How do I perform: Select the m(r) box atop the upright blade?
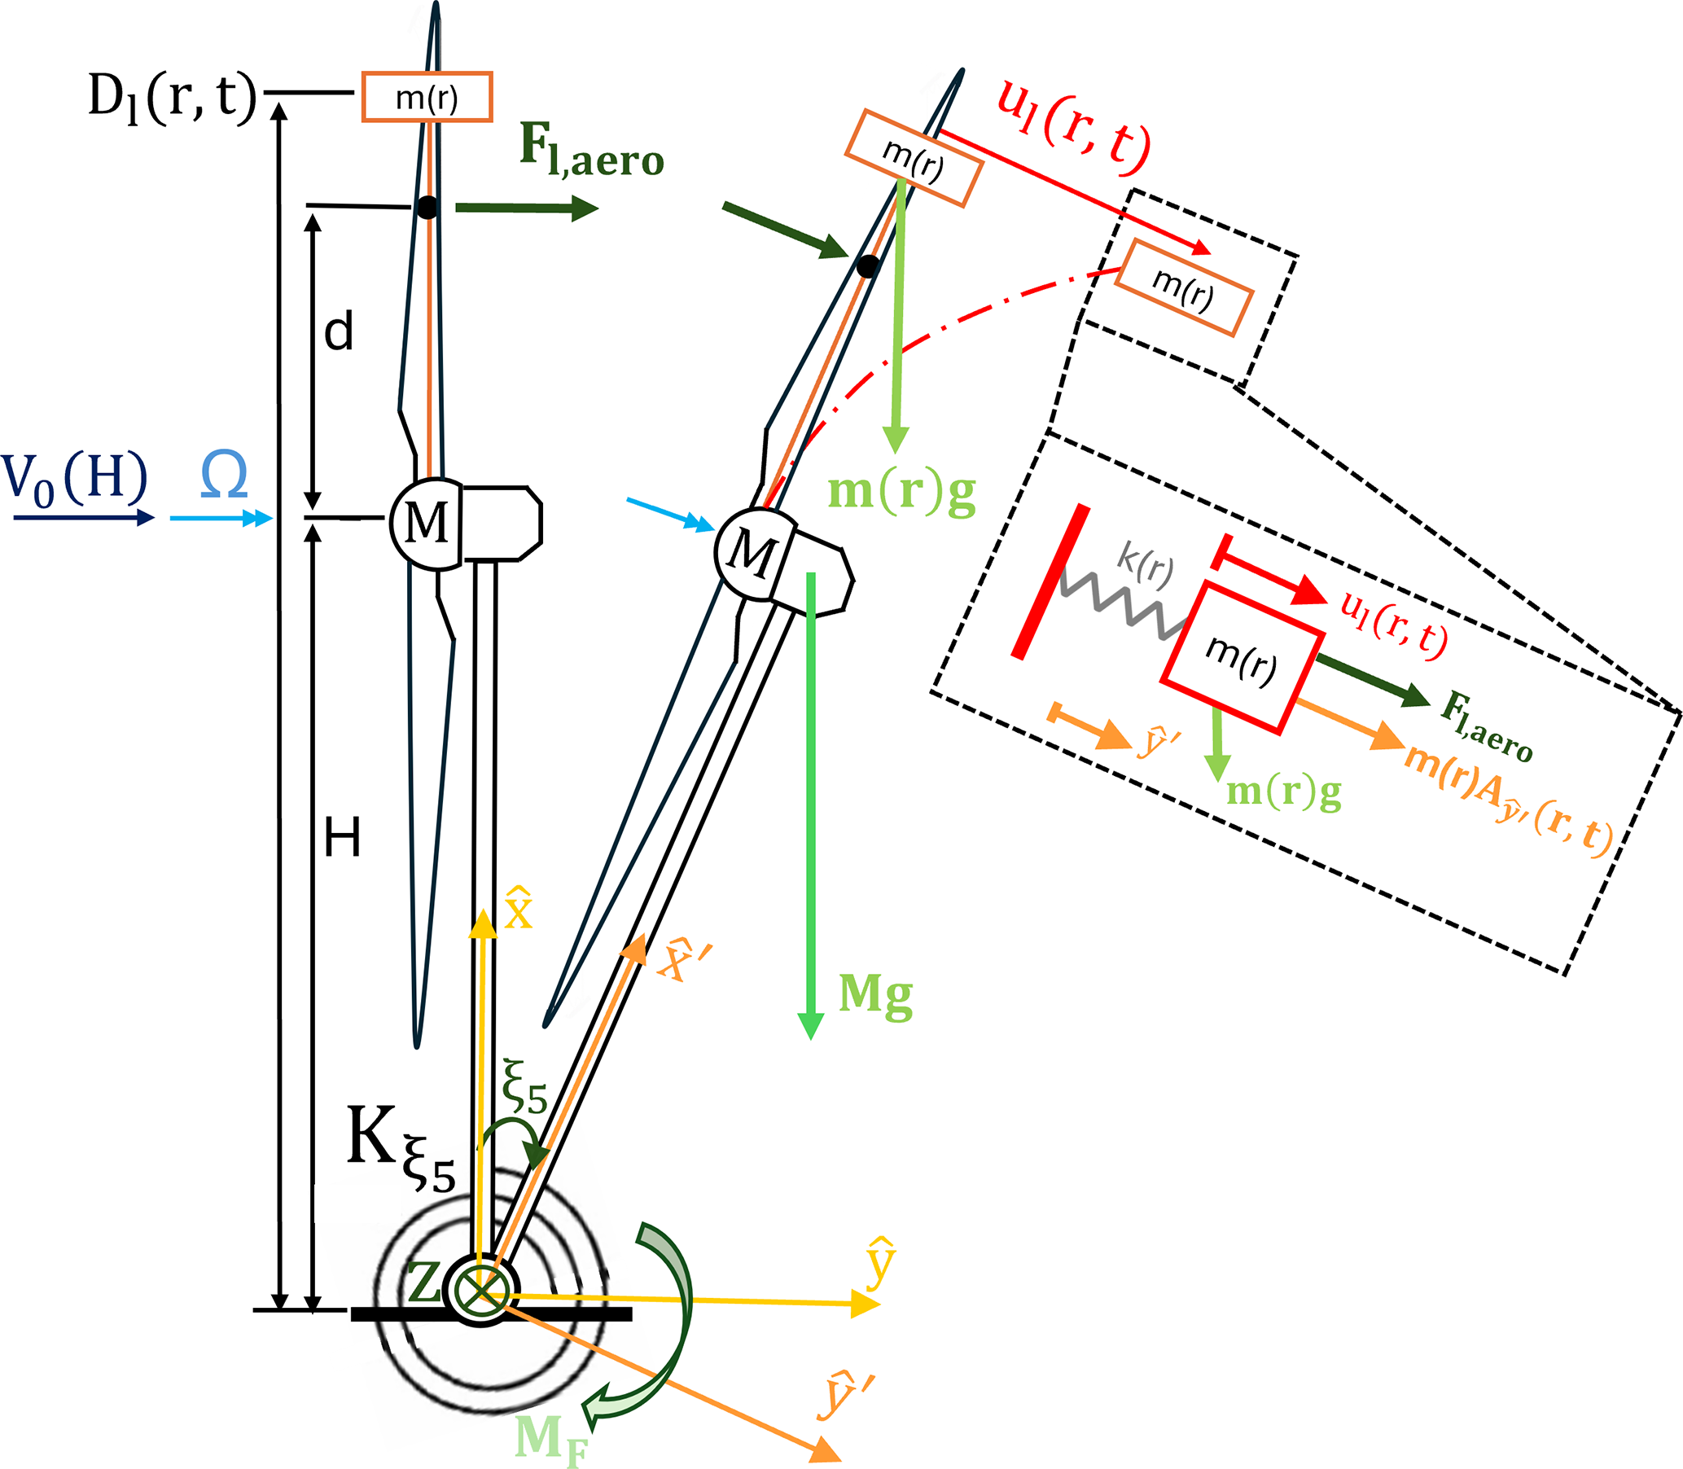pyautogui.click(x=427, y=98)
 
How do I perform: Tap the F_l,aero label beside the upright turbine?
pyautogui.click(x=591, y=152)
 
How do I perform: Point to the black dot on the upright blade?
pyautogui.click(x=427, y=208)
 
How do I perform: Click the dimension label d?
pyautogui.click(x=339, y=332)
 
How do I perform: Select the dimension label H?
pyautogui.click(x=342, y=839)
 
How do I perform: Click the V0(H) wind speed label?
pyautogui.click(x=76, y=478)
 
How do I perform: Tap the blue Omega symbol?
pyautogui.click(x=224, y=476)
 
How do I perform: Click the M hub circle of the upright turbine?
pyautogui.click(x=427, y=523)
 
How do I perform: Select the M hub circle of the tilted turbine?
pyautogui.click(x=752, y=553)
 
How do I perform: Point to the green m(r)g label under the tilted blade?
pyautogui.click(x=902, y=493)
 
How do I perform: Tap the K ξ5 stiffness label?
pyautogui.click(x=400, y=1148)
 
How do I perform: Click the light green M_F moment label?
pyautogui.click(x=551, y=1440)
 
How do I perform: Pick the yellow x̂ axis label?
pyautogui.click(x=519, y=908)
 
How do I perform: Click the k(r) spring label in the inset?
pyautogui.click(x=1146, y=566)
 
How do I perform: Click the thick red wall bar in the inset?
pyautogui.click(x=1051, y=581)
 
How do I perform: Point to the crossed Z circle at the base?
pyautogui.click(x=480, y=1290)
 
